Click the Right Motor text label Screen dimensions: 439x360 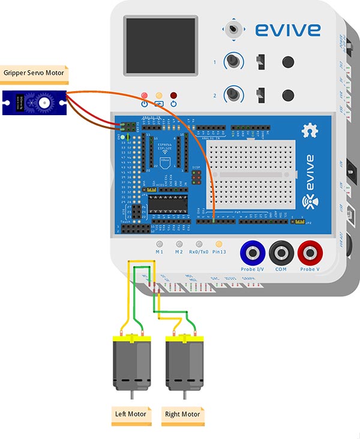pyautogui.click(x=182, y=414)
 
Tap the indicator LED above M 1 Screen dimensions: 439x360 pyautogui.click(x=160, y=244)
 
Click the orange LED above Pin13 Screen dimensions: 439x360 pyautogui.click(x=219, y=244)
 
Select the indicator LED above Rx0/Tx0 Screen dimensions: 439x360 pyautogui.click(x=199, y=244)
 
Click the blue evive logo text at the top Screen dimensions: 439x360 pyautogui.click(x=287, y=29)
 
